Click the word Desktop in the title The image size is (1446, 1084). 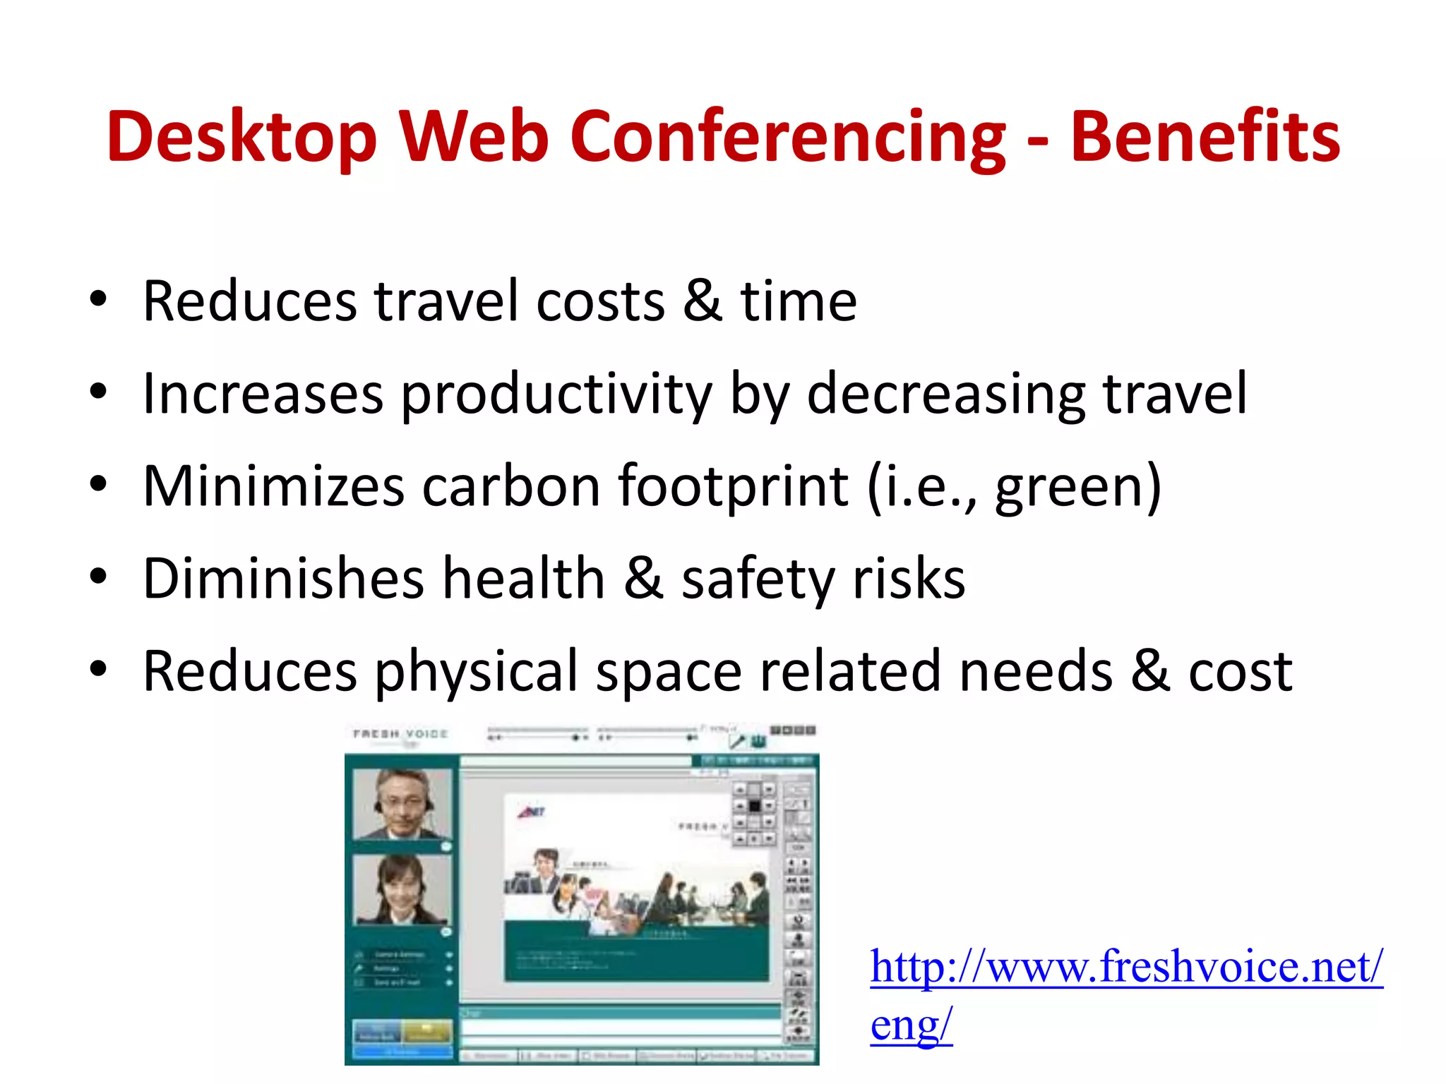(x=241, y=137)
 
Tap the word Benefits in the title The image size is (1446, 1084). (x=1205, y=137)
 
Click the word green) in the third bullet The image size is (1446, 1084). (x=1078, y=486)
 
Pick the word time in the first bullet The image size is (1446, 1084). (x=798, y=301)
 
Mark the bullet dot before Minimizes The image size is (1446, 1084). (x=98, y=484)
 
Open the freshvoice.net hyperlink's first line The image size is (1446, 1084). (x=1126, y=966)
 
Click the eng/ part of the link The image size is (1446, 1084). (x=911, y=1024)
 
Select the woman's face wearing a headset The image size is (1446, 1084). (x=401, y=889)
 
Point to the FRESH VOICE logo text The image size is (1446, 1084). (x=400, y=734)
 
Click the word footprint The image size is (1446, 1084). (x=733, y=486)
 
